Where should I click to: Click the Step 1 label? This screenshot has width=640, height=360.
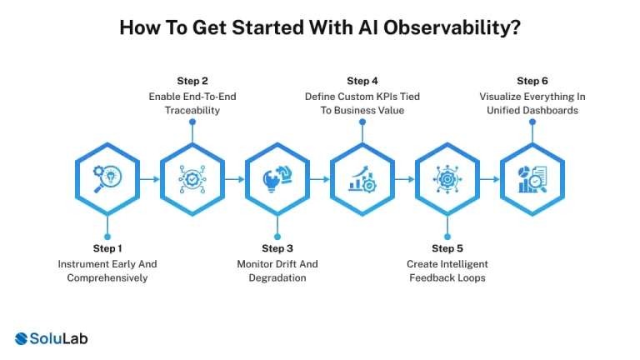click(x=107, y=248)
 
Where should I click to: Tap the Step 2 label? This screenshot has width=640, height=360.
click(x=192, y=81)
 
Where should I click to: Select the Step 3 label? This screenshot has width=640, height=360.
click(x=277, y=248)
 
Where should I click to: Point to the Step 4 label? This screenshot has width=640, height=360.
click(x=362, y=81)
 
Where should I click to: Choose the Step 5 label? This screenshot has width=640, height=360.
click(x=447, y=248)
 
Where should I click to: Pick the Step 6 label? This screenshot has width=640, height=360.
click(x=532, y=81)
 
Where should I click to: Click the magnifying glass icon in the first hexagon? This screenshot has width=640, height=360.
click(x=107, y=178)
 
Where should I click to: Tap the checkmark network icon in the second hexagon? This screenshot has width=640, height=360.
click(x=192, y=178)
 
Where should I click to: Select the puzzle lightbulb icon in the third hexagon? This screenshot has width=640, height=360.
click(x=277, y=178)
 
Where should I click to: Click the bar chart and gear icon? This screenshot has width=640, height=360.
click(x=362, y=178)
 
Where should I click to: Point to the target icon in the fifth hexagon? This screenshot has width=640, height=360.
click(x=447, y=178)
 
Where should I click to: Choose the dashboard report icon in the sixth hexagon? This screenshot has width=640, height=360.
click(x=532, y=178)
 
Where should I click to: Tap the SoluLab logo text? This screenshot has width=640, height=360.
click(x=59, y=338)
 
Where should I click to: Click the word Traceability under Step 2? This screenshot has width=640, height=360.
click(x=192, y=110)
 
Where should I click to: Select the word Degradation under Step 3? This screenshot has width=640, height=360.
click(x=277, y=277)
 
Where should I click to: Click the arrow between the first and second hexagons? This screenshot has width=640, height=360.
click(x=150, y=178)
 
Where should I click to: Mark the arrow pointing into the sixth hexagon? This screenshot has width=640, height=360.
click(x=490, y=178)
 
